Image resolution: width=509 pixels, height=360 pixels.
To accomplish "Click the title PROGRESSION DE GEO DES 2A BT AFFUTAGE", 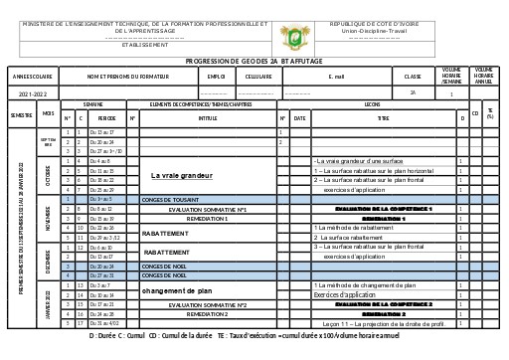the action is (254, 61).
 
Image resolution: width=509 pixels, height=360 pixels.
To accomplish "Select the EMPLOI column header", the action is (215, 76).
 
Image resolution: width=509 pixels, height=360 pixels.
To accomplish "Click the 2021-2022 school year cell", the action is (33, 92).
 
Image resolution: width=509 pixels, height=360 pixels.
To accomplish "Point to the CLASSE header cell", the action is (413, 76).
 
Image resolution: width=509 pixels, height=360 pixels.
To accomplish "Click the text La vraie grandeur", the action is (182, 175).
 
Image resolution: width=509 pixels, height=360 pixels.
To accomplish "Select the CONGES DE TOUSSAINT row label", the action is (171, 200).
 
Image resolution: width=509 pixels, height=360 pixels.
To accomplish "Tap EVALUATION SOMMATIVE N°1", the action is (208, 210).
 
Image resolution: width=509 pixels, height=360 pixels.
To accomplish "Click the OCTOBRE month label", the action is (48, 175).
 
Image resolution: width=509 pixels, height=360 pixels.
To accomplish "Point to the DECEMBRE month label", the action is (48, 262).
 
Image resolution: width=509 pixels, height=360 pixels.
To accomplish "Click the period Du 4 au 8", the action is (100, 160).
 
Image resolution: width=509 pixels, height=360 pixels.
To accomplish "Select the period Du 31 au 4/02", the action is (103, 323).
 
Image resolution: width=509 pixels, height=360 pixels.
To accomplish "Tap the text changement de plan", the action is (177, 290).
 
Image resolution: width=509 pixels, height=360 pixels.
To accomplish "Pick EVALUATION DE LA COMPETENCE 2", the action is (383, 304).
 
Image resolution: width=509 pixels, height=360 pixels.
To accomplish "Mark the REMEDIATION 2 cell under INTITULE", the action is (208, 313).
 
